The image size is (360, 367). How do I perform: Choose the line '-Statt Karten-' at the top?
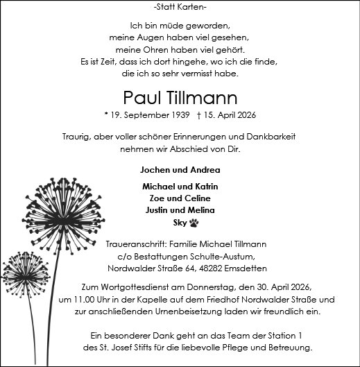180,7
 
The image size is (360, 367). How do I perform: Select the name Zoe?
151,198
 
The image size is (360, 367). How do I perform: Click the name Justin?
159,210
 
